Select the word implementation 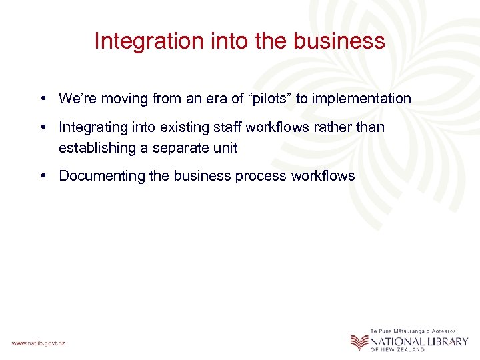tap(362, 99)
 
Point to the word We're tap(77, 99)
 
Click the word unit tap(225, 148)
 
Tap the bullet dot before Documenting tap(42, 176)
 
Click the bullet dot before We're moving tap(42, 99)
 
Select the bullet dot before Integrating tap(42, 127)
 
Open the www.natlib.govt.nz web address tap(38, 343)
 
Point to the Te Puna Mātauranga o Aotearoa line tap(414, 331)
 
